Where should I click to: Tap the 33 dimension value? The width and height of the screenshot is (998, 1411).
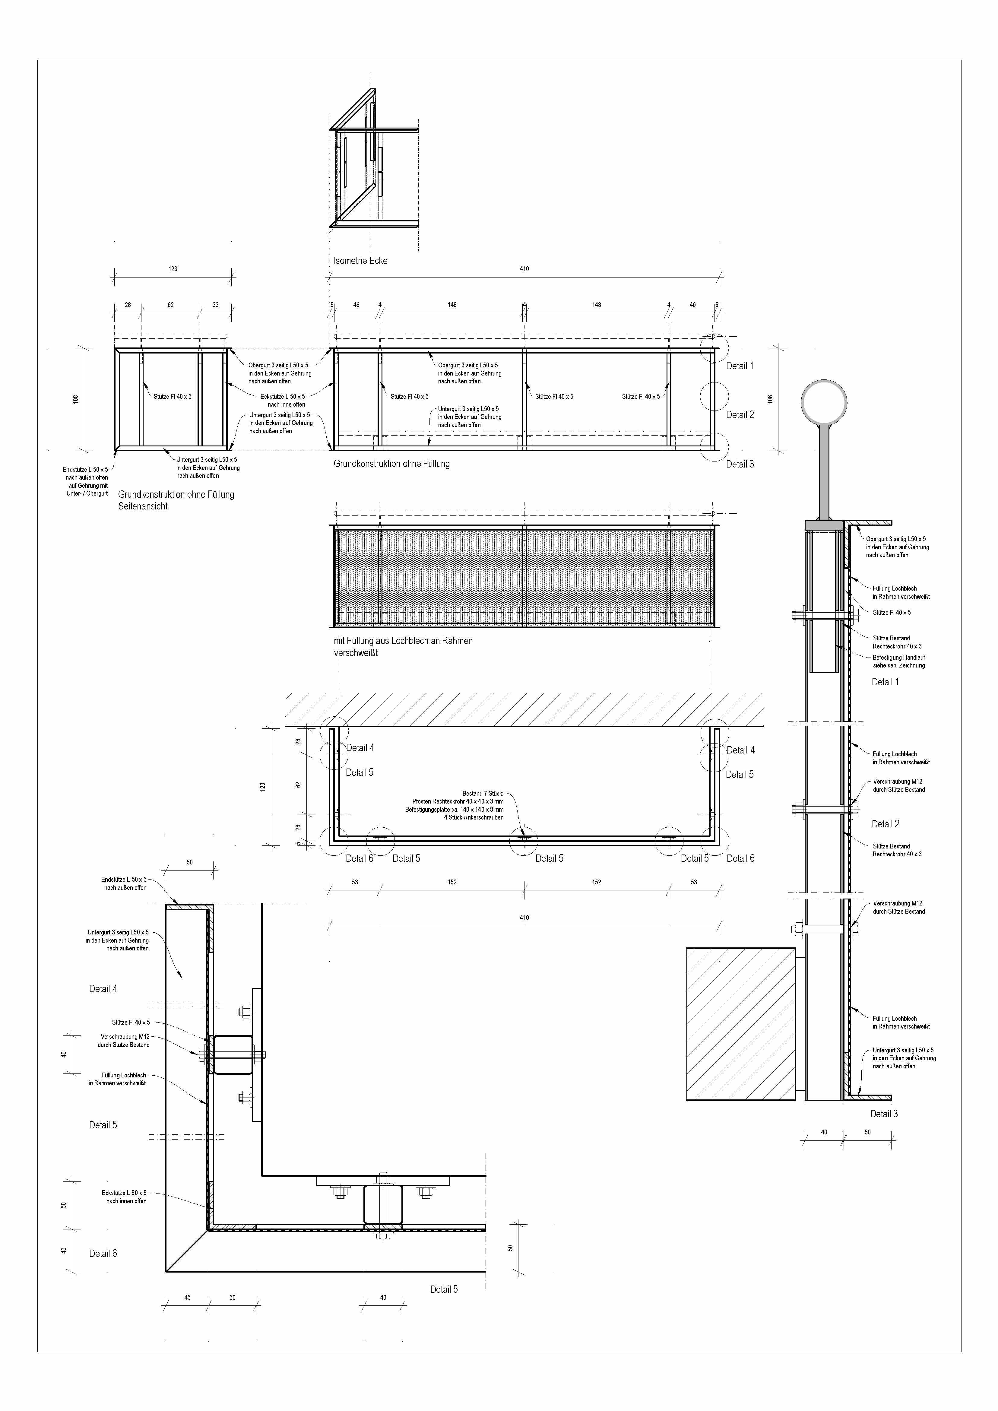(x=216, y=305)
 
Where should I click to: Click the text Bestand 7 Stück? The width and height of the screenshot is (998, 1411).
(x=483, y=793)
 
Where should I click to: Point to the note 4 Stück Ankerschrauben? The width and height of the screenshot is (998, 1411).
(x=474, y=817)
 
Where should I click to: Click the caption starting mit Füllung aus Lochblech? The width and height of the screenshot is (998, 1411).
(x=403, y=646)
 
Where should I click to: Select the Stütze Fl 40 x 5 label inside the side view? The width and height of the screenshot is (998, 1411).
(x=173, y=396)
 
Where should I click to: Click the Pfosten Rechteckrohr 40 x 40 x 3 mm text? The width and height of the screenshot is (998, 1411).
(x=458, y=801)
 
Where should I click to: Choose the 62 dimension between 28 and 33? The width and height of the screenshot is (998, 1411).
(x=171, y=305)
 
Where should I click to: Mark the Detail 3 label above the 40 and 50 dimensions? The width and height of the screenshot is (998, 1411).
(x=884, y=1114)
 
